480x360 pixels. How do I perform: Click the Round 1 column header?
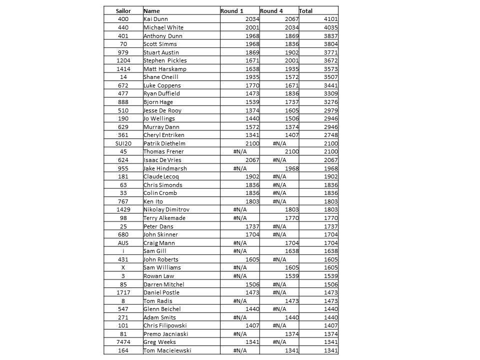pos(232,10)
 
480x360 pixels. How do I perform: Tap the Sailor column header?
pos(123,10)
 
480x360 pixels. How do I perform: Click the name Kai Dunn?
pos(155,19)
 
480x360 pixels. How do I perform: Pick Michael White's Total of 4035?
pos(330,27)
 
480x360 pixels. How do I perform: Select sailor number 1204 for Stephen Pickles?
pos(123,60)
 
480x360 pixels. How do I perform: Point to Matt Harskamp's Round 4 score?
pos(290,69)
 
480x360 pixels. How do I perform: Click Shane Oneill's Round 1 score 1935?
pos(252,77)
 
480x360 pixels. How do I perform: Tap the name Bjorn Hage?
pos(158,102)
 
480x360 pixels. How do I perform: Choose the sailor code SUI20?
pos(123,143)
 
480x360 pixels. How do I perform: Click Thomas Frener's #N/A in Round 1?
pos(240,151)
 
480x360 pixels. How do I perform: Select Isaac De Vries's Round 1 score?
pos(252,160)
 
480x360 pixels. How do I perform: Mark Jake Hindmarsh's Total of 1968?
pos(330,168)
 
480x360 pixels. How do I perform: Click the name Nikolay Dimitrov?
pos(166,209)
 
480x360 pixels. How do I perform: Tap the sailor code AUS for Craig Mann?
pos(123,243)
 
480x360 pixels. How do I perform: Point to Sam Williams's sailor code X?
pos(123,267)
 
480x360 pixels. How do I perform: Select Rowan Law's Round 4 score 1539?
pos(290,276)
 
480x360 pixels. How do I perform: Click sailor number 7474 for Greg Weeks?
pos(123,342)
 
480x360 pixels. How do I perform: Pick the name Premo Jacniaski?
pos(165,334)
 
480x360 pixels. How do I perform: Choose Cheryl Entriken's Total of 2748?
pos(330,135)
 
